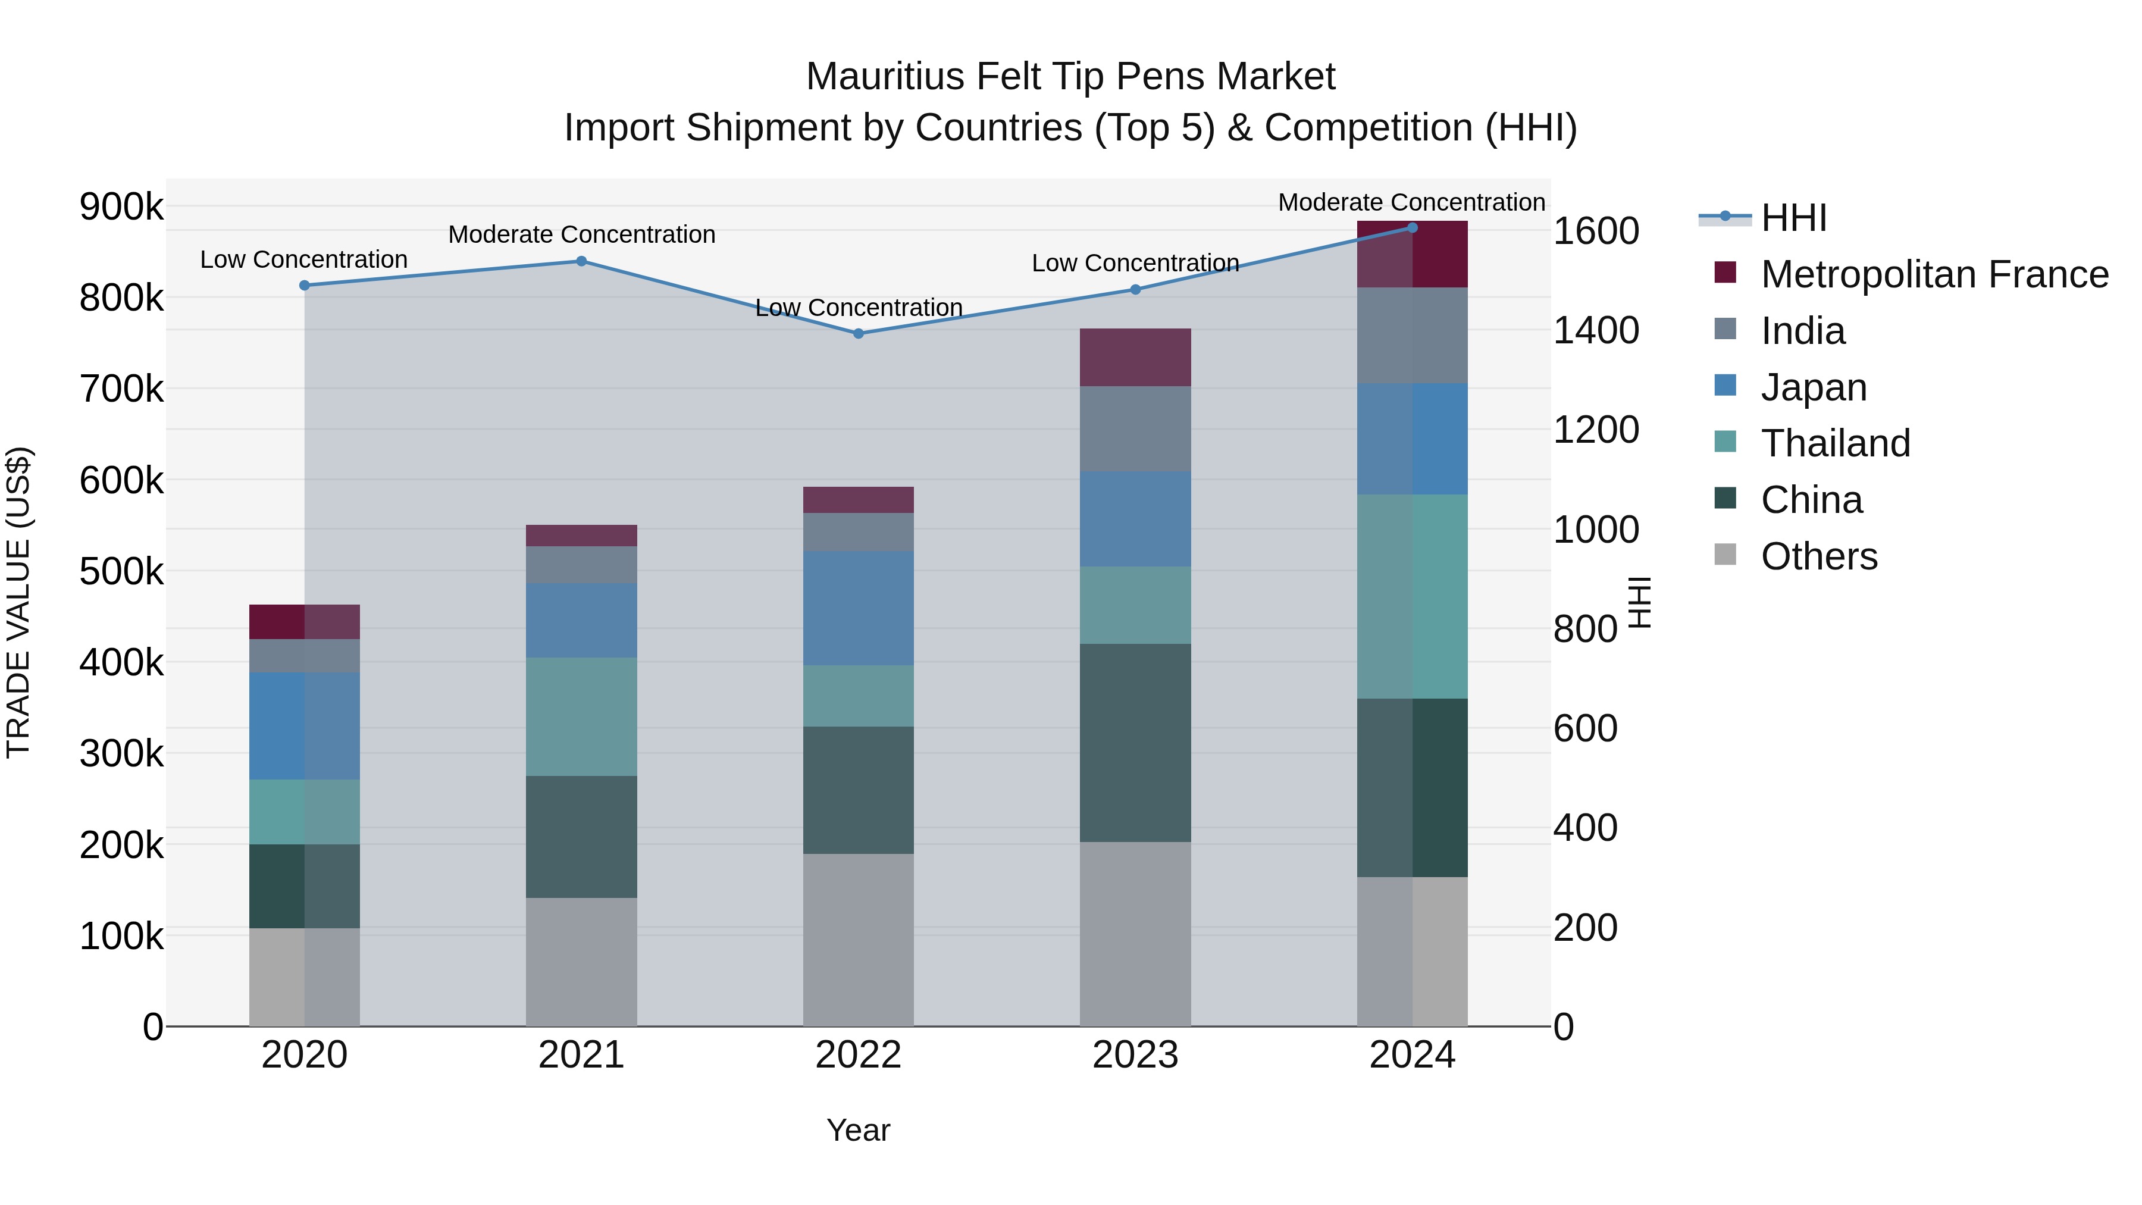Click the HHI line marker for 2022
[x=858, y=333]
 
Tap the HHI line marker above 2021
[x=581, y=261]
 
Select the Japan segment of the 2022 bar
[x=858, y=608]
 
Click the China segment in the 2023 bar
[x=1135, y=743]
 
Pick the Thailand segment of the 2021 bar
[x=581, y=717]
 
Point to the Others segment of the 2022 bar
[x=858, y=940]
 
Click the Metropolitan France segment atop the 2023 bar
[x=1135, y=357]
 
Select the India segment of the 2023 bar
[x=1135, y=429]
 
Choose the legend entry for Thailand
[x=1835, y=443]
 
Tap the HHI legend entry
[x=1793, y=218]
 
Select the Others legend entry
[x=1818, y=556]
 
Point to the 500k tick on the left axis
[x=121, y=571]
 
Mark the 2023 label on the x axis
[x=1135, y=1055]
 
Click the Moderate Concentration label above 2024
[x=1411, y=202]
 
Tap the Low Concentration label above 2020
[x=303, y=259]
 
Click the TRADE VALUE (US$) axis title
[x=18, y=602]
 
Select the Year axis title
[x=858, y=1130]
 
